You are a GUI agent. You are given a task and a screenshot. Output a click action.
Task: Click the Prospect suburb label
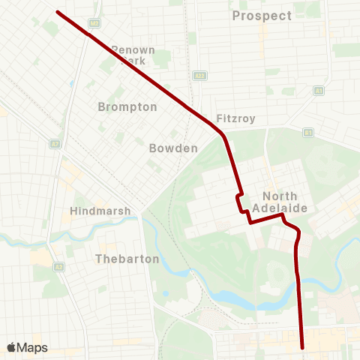click(x=262, y=16)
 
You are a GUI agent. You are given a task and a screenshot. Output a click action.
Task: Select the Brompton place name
click(x=127, y=107)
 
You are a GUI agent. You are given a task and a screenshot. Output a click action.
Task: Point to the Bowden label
click(x=173, y=148)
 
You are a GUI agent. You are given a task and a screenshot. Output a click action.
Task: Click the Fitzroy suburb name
click(x=236, y=118)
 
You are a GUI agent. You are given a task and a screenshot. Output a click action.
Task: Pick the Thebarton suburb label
click(x=127, y=259)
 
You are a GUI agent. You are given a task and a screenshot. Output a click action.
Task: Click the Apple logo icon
click(x=11, y=348)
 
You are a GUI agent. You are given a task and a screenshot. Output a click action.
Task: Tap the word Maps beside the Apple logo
click(x=32, y=348)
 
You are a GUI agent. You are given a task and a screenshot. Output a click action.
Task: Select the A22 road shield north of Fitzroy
click(x=199, y=76)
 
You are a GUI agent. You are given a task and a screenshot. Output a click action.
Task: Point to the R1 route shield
click(x=307, y=133)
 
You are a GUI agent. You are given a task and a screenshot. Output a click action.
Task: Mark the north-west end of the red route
click(x=58, y=12)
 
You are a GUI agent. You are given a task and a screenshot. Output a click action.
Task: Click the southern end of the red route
click(x=302, y=347)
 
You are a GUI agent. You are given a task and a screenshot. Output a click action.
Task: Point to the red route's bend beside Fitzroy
click(x=223, y=136)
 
